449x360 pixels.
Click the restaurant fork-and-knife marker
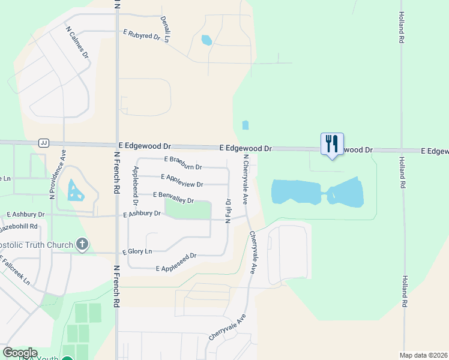coord(332,144)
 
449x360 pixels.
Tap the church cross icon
coord(83,244)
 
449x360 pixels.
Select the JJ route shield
coord(43,143)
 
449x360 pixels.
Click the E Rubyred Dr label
coord(141,34)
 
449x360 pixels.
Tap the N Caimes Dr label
coord(77,41)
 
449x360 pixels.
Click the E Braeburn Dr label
coord(183,162)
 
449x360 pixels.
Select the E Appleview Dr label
coord(182,180)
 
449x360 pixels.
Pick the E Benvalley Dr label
coord(173,197)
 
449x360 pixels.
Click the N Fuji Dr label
coord(228,211)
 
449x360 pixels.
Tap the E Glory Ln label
coord(137,251)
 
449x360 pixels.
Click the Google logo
coord(20,353)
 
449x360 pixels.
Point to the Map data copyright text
coord(423,355)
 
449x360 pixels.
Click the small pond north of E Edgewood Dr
coord(245,125)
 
